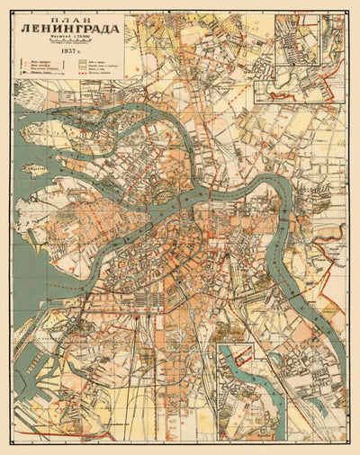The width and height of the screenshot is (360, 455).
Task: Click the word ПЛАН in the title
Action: click(x=70, y=22)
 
